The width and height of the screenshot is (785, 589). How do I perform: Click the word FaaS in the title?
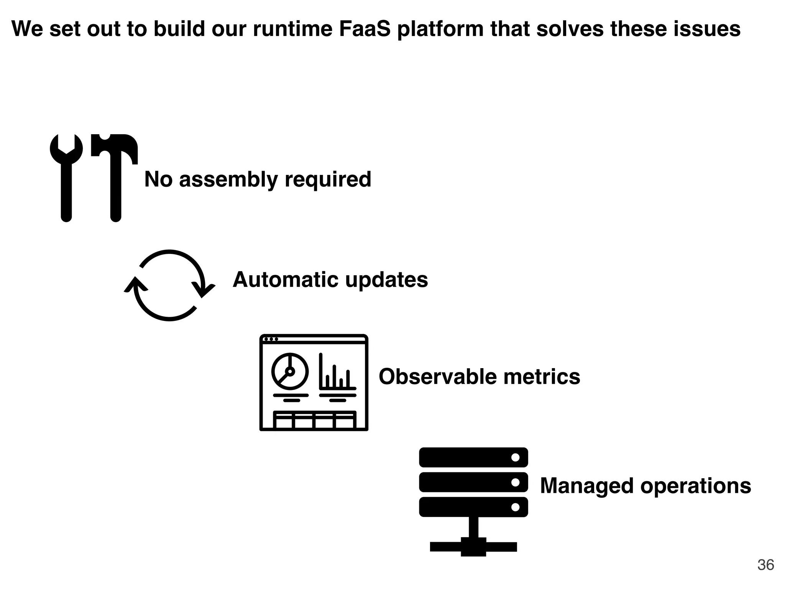(x=364, y=29)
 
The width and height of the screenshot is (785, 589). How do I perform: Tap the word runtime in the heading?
(x=292, y=29)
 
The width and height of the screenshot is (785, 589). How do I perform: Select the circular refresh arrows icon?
(x=169, y=286)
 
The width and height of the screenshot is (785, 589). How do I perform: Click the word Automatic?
(x=286, y=280)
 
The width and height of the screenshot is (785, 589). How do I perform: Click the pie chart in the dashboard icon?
(x=290, y=371)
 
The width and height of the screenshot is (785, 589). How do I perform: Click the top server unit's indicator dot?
(x=515, y=457)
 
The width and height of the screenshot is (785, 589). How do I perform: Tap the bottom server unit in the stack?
(x=473, y=507)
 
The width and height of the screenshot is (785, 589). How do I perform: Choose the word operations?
(x=696, y=486)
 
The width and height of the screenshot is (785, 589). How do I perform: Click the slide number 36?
(x=765, y=565)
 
